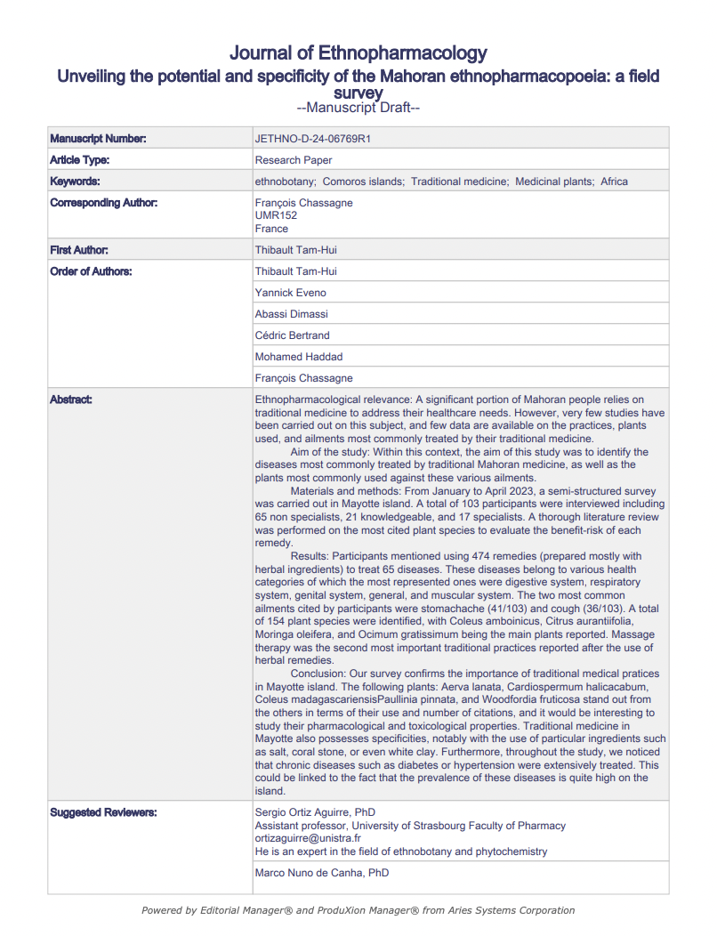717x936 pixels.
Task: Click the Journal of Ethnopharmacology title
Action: click(x=358, y=53)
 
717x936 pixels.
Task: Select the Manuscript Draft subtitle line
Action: click(x=358, y=108)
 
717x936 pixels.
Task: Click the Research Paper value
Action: click(x=294, y=160)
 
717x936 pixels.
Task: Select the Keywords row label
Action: click(x=76, y=182)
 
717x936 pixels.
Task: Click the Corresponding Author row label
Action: click(x=104, y=203)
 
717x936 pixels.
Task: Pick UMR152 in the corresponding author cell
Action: click(x=276, y=215)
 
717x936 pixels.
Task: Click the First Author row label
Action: click(x=79, y=250)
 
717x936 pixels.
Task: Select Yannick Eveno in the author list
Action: click(x=291, y=293)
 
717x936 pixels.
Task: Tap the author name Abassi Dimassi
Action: click(x=292, y=314)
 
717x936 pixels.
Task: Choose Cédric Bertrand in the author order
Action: click(x=293, y=335)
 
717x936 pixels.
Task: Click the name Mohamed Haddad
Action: click(x=297, y=357)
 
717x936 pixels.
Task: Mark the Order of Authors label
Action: click(x=91, y=271)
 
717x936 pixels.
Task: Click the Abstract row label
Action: click(x=71, y=399)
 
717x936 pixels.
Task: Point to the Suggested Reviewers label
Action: click(x=103, y=812)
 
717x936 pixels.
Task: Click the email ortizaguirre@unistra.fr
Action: click(x=308, y=838)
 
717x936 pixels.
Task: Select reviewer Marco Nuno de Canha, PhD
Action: click(x=321, y=873)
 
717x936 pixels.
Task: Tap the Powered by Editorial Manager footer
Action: click(x=358, y=910)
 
